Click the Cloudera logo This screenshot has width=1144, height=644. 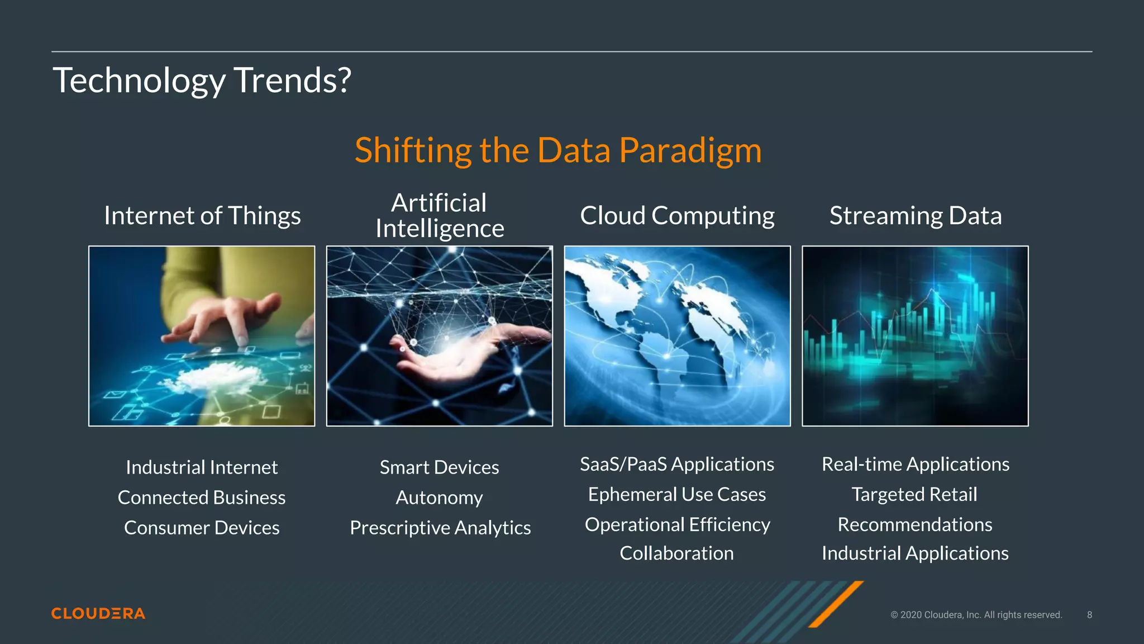98,613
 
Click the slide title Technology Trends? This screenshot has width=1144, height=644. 202,80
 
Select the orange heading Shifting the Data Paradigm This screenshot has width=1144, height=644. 558,150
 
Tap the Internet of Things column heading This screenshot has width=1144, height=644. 202,216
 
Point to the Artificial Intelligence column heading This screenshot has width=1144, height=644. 440,216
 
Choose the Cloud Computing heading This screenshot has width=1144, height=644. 677,216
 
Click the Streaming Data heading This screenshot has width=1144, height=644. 915,216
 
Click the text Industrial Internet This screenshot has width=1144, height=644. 202,467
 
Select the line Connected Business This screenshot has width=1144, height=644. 202,498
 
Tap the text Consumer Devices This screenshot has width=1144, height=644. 202,528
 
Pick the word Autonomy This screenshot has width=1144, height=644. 440,498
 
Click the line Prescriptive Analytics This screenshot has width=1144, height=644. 440,528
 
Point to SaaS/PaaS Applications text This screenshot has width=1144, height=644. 677,464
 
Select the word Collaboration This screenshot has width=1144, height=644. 676,553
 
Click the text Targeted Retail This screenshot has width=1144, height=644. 914,494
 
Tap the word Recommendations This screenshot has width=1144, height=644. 915,524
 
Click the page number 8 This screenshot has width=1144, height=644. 1089,614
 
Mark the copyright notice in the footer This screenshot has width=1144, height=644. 976,614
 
